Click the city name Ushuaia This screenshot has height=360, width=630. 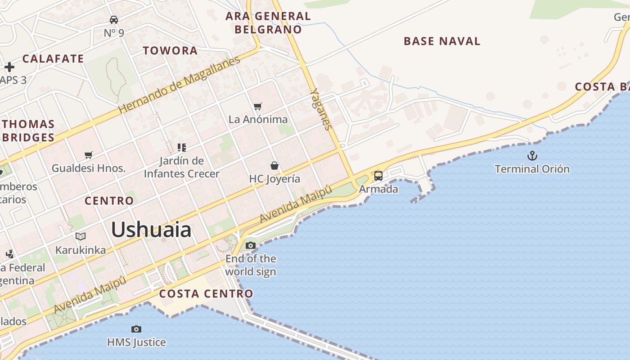(x=151, y=230)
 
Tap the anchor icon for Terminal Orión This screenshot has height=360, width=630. (x=532, y=156)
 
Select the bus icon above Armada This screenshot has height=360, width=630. (x=378, y=175)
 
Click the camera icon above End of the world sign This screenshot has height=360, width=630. (x=251, y=245)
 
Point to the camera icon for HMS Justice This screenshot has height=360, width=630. (x=136, y=329)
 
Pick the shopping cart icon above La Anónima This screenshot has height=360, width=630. (x=258, y=106)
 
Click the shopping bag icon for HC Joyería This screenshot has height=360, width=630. (x=274, y=166)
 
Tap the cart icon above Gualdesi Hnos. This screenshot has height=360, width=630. (x=89, y=155)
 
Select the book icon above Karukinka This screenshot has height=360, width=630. (x=81, y=236)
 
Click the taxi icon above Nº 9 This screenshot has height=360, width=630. (x=114, y=20)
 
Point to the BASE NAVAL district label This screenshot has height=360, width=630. (x=442, y=41)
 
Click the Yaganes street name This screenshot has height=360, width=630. (x=321, y=109)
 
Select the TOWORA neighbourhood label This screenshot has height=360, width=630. (x=171, y=50)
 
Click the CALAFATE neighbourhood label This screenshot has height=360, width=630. (x=53, y=58)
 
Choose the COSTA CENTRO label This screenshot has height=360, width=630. (x=207, y=294)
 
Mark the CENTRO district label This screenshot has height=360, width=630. (x=109, y=201)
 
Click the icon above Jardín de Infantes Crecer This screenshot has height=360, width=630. (x=182, y=147)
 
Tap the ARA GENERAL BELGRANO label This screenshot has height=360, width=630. (x=268, y=23)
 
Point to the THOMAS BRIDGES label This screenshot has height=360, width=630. (x=28, y=130)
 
